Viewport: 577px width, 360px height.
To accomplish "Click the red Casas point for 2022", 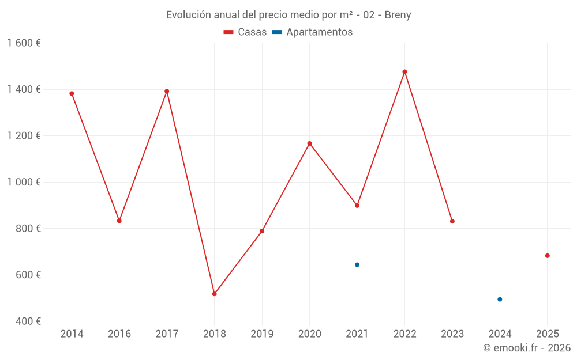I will point(404,72).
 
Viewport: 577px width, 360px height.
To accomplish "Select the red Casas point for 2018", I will point(214,294).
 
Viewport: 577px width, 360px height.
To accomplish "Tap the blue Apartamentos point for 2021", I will point(357,265).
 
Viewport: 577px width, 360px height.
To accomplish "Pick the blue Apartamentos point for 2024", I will point(500,300).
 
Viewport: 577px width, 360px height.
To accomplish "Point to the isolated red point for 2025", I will point(548,256).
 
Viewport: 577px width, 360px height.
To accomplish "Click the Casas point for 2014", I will point(72,93).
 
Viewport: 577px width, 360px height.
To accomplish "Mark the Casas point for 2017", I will point(167,91).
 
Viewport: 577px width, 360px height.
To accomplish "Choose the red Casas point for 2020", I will point(309,143).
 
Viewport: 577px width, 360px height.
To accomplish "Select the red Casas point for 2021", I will point(357,206).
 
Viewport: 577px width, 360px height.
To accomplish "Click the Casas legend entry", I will point(245,32).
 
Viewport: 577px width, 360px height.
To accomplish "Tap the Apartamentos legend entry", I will point(312,32).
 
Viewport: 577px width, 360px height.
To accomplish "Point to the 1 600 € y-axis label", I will point(24,43).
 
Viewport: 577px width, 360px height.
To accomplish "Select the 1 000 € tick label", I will point(24,182).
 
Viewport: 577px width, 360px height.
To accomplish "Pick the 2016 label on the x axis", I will point(119,334).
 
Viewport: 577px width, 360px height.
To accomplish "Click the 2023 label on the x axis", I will point(452,334).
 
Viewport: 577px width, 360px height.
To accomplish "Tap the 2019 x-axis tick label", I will point(262,334).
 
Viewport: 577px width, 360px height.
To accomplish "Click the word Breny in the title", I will point(398,15).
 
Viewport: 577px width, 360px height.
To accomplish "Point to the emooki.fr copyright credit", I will point(527,348).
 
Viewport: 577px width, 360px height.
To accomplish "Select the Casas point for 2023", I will point(452,221).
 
